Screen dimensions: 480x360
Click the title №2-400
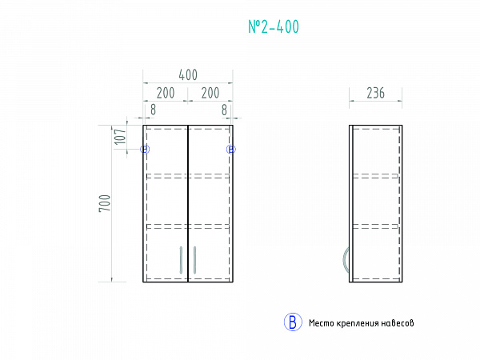point(274,26)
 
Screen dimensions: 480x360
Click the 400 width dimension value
point(188,75)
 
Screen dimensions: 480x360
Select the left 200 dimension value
point(166,93)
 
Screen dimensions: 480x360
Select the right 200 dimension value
point(210,93)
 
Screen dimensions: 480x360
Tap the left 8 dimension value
point(153,110)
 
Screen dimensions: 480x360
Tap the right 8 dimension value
point(224,110)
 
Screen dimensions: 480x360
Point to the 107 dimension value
point(120,137)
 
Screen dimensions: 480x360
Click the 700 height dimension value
point(105,203)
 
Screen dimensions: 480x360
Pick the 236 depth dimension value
point(376,93)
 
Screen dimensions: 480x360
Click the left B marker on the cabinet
point(145,150)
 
